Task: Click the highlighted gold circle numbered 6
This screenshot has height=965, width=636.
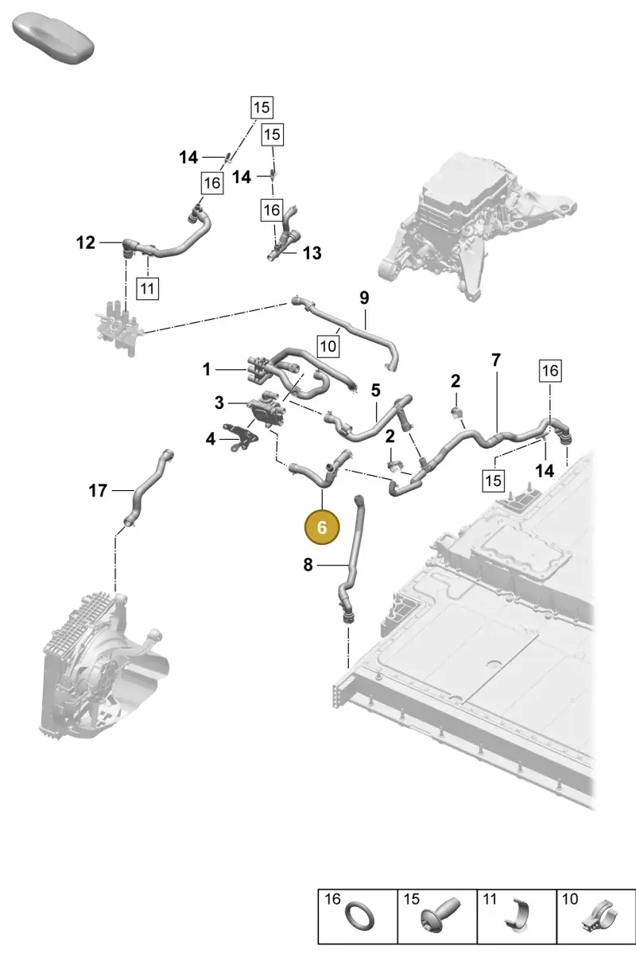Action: [322, 527]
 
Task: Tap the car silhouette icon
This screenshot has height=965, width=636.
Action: [53, 39]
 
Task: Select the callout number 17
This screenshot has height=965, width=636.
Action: [98, 490]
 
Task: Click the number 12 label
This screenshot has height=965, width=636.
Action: [85, 243]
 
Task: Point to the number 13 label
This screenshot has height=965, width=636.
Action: [312, 253]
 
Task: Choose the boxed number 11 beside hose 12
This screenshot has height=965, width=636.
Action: [147, 288]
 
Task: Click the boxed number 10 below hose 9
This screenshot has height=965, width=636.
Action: [328, 346]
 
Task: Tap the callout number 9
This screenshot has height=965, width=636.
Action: [364, 298]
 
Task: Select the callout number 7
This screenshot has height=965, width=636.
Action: [496, 360]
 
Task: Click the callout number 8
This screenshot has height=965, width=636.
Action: [308, 564]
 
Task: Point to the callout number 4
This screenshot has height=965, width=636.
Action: [210, 439]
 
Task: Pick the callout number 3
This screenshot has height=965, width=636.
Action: [219, 403]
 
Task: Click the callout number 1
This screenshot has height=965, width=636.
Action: [207, 369]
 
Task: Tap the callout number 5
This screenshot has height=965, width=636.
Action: [375, 391]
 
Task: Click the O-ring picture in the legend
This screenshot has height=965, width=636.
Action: [359, 916]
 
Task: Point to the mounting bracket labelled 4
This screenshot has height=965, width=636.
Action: [240, 438]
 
